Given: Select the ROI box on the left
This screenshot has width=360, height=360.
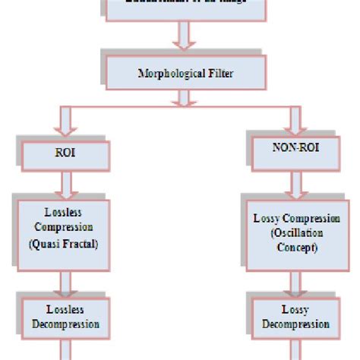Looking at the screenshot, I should coord(64,153).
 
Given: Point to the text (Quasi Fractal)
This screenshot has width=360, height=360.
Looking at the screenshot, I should coord(64,245).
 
